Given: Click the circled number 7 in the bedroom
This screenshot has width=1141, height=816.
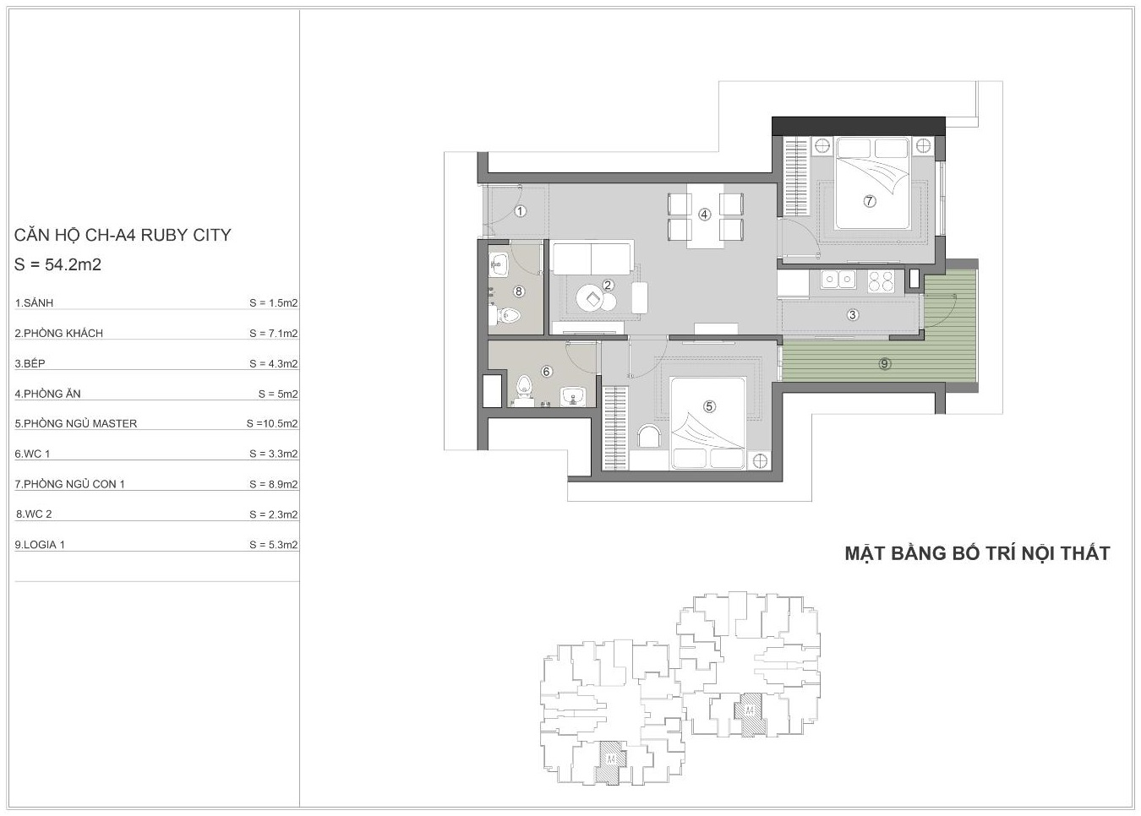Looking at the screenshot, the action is coord(869,201).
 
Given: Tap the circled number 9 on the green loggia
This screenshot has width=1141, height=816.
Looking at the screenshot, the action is coord(884,363).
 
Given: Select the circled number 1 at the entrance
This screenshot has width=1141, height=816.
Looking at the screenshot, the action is coord(520,210).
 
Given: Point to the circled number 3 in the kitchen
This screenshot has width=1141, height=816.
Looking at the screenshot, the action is coord(852,314).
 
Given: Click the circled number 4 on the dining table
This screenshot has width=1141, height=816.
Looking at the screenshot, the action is coord(704,215).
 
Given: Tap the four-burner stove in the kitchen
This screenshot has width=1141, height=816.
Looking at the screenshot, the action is coord(881,281).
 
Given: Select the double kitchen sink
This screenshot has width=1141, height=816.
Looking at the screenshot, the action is coord(838,280).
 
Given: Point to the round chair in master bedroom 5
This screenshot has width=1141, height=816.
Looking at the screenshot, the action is coord(649,436).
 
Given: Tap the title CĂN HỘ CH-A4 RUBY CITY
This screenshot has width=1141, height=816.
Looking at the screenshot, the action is coord(123,235).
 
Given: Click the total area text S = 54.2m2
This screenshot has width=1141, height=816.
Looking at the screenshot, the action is coord(57,264).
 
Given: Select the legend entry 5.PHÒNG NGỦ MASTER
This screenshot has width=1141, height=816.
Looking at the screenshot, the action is coord(76,423).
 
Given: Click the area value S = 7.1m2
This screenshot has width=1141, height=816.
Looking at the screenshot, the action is coord(274,334).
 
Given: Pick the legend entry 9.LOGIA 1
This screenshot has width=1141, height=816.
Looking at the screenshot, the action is coord(40,545).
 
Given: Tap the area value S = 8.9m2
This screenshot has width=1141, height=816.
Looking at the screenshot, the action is coord(274,484).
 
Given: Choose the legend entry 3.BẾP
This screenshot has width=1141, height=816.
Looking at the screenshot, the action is coord(30,363).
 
